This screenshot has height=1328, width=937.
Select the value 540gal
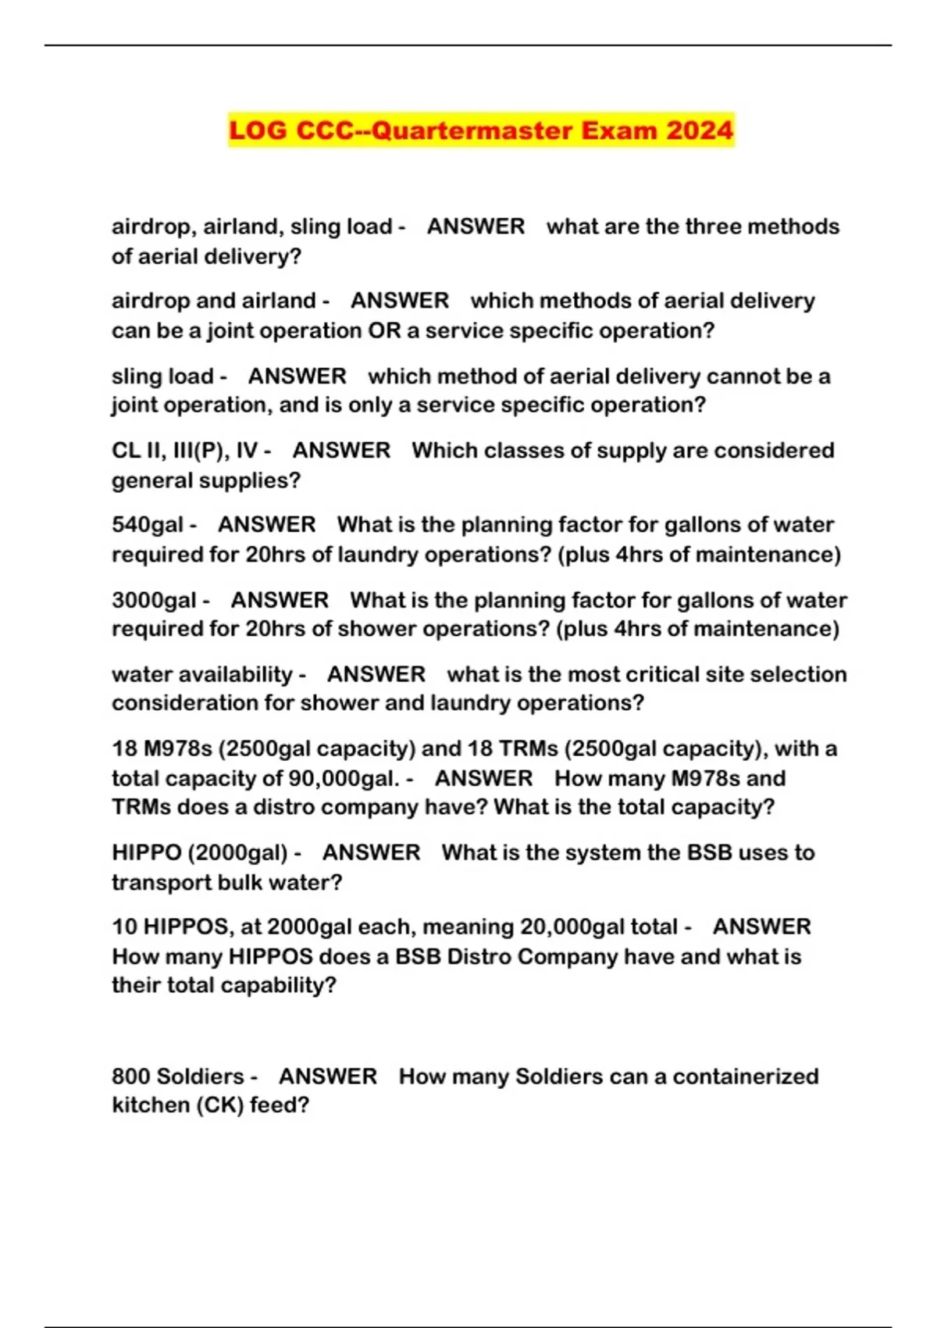click(148, 524)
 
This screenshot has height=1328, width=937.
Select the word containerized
click(746, 1076)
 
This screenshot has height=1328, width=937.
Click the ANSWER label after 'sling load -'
click(297, 377)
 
